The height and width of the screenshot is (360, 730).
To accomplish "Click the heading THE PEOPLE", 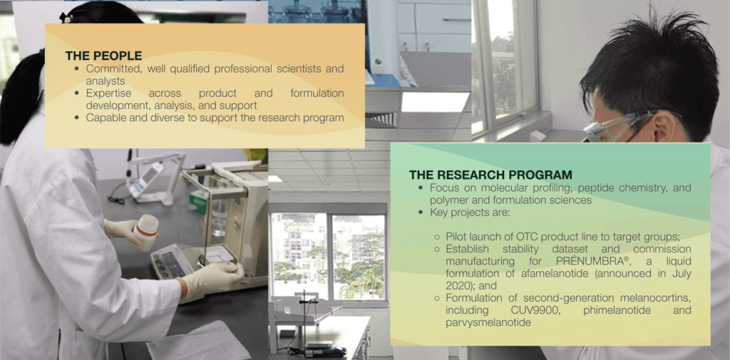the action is point(103,56).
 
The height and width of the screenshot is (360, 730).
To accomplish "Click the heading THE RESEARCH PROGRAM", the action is point(490,175).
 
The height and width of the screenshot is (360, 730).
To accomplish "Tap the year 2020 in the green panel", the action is point(458,285).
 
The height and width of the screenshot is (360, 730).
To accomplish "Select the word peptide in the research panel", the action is point(575,188).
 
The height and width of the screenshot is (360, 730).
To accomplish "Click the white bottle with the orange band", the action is point(145,230).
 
